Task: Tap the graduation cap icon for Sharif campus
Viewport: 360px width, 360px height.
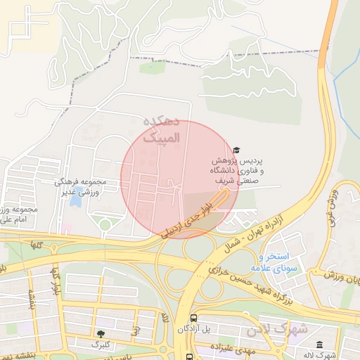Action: coord(236,150)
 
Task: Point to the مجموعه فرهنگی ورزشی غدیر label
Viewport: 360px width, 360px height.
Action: coord(80,186)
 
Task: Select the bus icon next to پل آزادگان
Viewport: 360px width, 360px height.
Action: coord(194,317)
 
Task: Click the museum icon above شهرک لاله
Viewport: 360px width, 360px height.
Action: coord(320,345)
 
